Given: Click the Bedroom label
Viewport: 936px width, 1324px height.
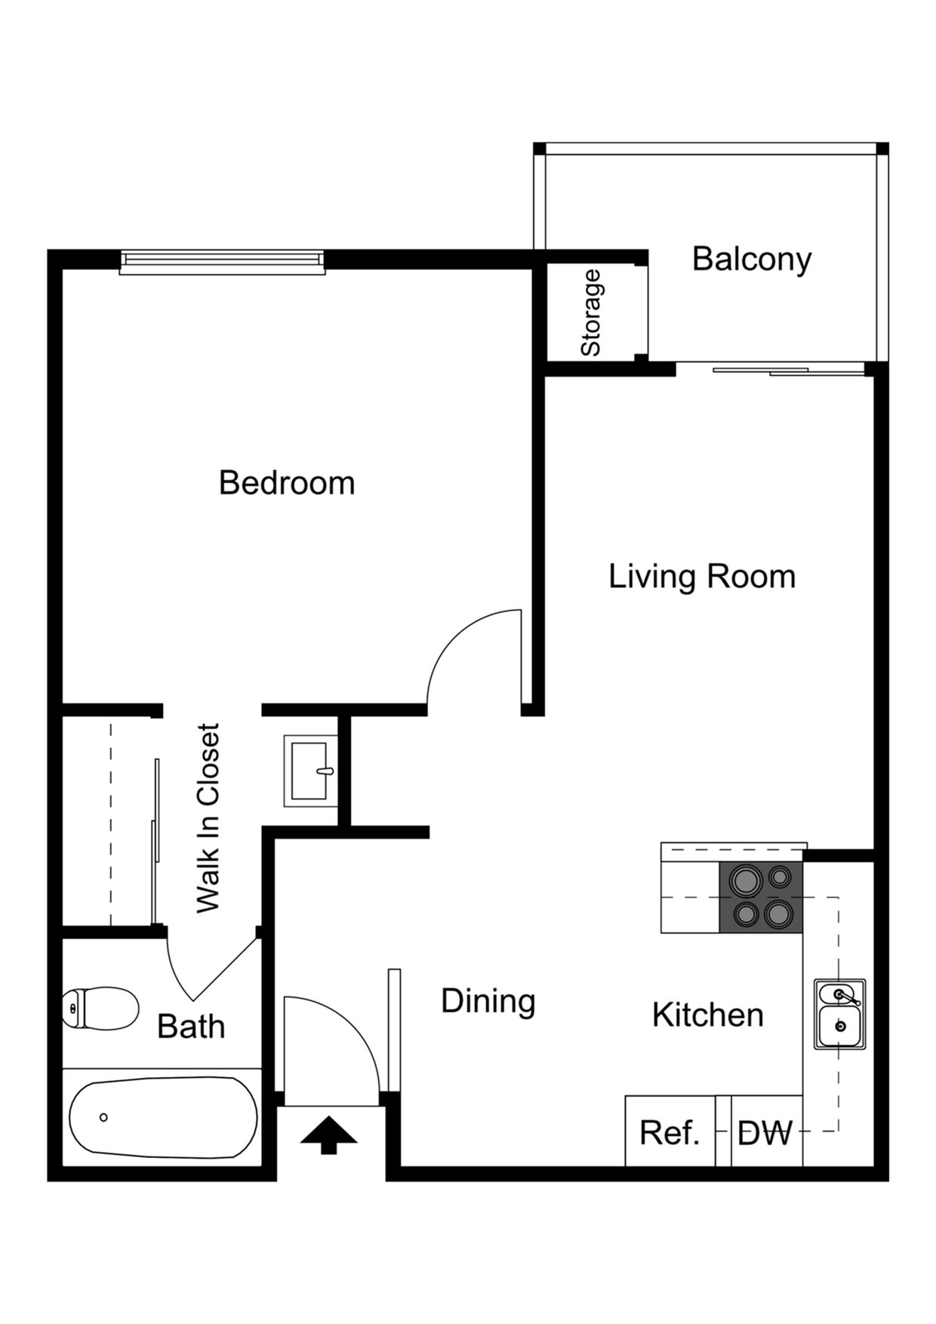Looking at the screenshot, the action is tap(287, 483).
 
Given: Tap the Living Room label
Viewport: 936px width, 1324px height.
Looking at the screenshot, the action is tap(702, 577).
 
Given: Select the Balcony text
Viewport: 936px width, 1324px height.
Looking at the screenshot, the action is tap(752, 260).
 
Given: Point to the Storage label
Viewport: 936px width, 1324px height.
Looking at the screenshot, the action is tap(590, 313).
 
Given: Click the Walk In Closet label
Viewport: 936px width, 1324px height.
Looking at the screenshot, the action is tap(208, 818).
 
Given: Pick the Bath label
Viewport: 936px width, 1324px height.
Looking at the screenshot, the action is tap(191, 1027).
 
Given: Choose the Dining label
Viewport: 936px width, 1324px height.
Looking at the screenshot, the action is tap(488, 1002).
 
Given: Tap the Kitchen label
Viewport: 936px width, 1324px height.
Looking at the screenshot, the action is tap(708, 1015).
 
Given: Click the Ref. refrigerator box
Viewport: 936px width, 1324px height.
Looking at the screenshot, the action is tap(670, 1131).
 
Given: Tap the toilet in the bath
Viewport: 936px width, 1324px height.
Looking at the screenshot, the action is tap(100, 1008).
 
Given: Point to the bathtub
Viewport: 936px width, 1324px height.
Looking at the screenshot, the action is tap(162, 1117).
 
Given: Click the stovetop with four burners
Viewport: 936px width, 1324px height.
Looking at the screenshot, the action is tap(761, 897).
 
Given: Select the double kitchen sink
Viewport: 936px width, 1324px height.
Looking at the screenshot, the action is tap(839, 1014).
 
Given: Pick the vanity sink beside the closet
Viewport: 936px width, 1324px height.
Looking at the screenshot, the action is tap(311, 771).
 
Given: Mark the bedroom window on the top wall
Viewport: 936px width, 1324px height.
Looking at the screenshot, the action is tap(222, 261).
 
